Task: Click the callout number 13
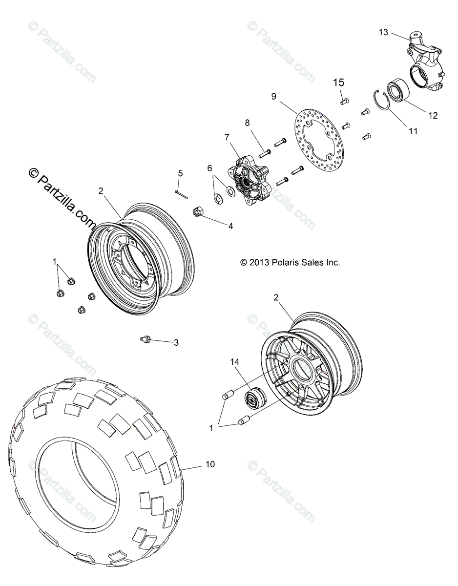(383, 32)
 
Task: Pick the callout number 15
(339, 83)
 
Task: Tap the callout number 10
(209, 464)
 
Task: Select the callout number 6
(210, 168)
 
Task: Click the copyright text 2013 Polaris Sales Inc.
(290, 262)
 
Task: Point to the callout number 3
(176, 343)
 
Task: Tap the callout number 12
(433, 116)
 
